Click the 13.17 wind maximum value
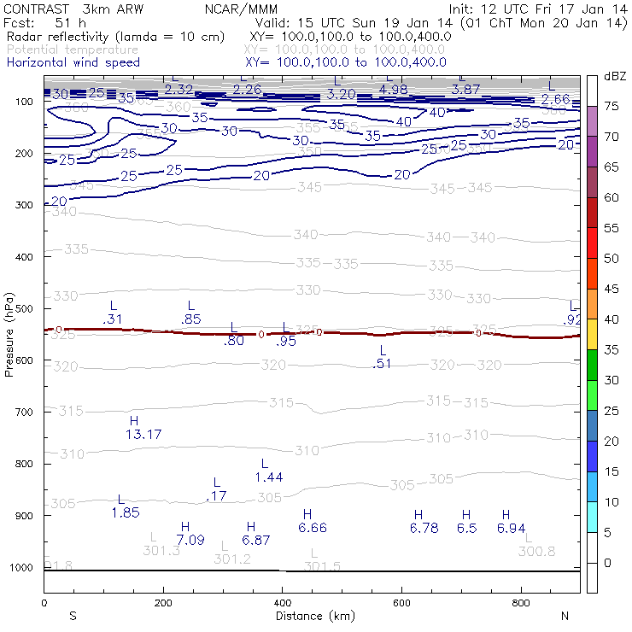[x=143, y=435]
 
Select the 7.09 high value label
[x=190, y=540]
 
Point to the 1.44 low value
[x=269, y=477]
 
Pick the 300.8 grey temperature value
[x=536, y=551]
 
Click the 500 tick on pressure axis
[x=27, y=308]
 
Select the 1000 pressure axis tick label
[x=24, y=568]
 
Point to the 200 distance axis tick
[x=162, y=603]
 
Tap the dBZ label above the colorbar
[x=615, y=76]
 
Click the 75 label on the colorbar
[x=612, y=106]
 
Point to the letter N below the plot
[x=565, y=616]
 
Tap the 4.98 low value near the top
[x=394, y=89]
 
